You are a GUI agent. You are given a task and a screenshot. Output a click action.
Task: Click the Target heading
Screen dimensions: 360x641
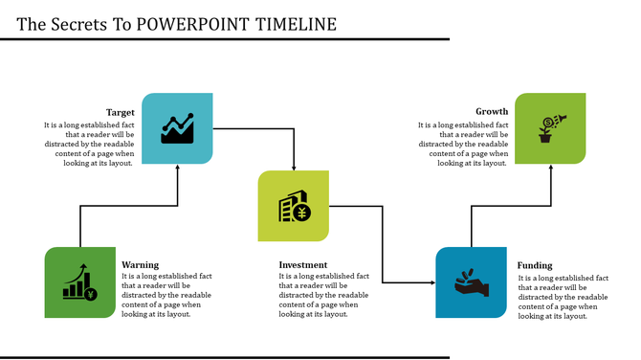(120, 113)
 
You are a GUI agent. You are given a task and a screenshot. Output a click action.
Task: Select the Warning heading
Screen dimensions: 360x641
(141, 265)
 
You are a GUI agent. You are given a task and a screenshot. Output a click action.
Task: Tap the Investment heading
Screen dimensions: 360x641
(303, 265)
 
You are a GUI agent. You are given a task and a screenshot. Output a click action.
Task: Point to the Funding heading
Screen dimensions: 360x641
(535, 265)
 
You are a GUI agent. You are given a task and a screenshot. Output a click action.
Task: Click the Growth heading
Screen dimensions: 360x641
(492, 113)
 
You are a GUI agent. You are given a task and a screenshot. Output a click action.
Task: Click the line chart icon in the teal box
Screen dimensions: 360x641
(178, 127)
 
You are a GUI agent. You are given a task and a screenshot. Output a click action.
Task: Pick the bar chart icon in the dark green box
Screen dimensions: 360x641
(80, 282)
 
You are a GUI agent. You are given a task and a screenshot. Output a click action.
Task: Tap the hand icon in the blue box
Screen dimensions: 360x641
(471, 282)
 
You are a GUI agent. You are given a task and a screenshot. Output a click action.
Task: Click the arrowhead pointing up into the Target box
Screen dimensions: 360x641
(178, 168)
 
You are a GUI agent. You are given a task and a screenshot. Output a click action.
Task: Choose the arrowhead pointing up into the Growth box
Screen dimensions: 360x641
(550, 168)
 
